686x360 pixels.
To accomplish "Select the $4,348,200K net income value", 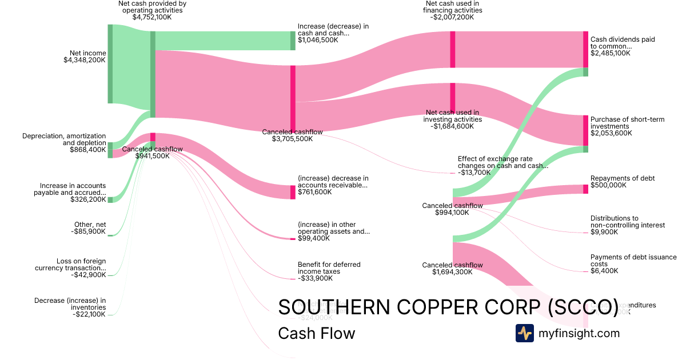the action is tap(85, 59).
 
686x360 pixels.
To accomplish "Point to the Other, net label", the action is tap(90, 225).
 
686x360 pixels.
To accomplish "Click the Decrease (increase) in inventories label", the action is tap(70, 304).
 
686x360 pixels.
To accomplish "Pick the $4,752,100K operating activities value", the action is tap(152, 17).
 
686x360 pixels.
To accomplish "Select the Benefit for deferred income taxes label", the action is tap(329, 268).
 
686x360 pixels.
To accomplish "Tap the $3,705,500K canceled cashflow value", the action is tap(292, 139).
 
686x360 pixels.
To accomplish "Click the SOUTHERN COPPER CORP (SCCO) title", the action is tap(448, 307).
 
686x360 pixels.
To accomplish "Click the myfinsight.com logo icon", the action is tap(524, 333).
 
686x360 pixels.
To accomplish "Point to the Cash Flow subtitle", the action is tap(316, 333).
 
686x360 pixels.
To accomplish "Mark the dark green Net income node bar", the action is tap(110, 64).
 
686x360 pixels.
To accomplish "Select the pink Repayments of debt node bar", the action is tap(585, 189).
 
